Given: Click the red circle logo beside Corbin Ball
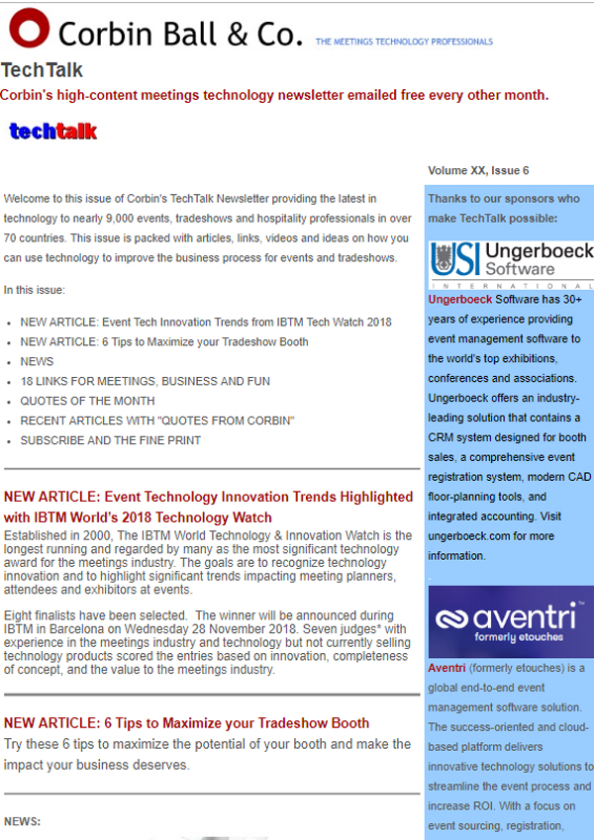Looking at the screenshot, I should coord(29,30).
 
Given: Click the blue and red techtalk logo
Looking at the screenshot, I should coord(53,131).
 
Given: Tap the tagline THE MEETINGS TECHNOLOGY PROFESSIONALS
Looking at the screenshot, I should coord(404,42).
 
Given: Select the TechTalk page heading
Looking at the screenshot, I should coord(42,70).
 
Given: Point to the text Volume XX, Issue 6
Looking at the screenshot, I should coord(478,170).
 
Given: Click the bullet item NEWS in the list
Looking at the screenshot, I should coord(37,361).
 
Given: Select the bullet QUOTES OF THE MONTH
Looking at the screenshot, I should coord(87,401).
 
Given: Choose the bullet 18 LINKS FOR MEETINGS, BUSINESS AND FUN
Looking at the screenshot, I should coord(124,381).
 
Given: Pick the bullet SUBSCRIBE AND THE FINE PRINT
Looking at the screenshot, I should coord(110,440).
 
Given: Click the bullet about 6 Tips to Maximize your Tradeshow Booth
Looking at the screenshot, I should coord(164,341).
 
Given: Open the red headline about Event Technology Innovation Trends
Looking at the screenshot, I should coord(208,506).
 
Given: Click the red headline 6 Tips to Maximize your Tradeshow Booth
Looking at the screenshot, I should coord(186,723).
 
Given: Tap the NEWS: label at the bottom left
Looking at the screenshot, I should coord(22,821).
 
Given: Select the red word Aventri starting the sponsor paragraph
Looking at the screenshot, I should coord(446,668).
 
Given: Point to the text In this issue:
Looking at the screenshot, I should coord(34,290).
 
